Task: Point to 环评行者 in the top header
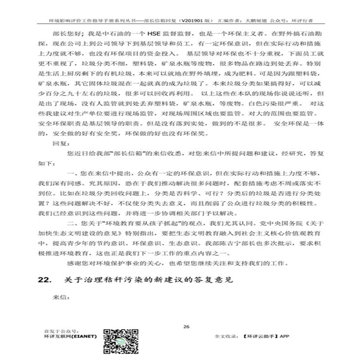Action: [x=303, y=22]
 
